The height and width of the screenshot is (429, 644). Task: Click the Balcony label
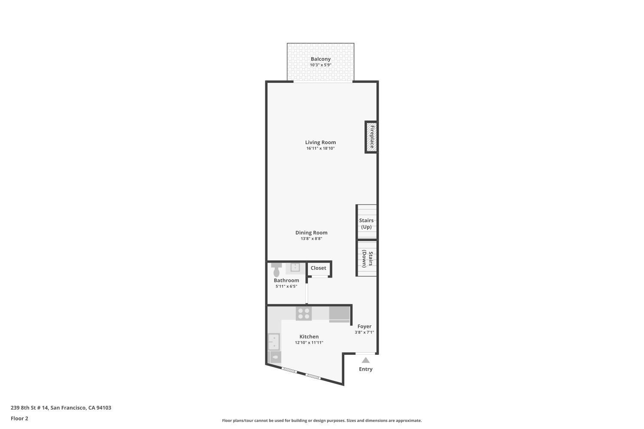321,59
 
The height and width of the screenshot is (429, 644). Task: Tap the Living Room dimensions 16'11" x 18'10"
320,148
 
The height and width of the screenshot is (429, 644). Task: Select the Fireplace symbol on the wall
371,137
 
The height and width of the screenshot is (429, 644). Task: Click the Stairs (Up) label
366,224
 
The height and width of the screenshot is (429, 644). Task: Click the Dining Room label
311,233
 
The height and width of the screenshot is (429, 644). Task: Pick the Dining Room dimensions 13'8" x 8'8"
311,239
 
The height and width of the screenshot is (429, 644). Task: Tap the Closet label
319,268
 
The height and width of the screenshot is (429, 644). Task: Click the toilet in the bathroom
276,270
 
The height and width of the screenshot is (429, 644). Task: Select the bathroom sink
295,268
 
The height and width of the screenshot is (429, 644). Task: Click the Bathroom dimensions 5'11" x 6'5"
286,287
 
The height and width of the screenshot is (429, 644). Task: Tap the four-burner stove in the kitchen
304,314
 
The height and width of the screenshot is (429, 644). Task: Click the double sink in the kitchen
273,342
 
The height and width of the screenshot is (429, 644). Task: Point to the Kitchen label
309,337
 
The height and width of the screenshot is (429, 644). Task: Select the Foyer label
365,326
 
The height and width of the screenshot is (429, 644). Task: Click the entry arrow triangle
365,360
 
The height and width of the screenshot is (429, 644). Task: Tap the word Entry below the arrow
366,369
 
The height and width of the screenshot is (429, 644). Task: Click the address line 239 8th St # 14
61,408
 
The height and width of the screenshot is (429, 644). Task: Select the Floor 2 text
19,418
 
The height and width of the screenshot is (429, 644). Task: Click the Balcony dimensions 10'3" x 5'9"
321,65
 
